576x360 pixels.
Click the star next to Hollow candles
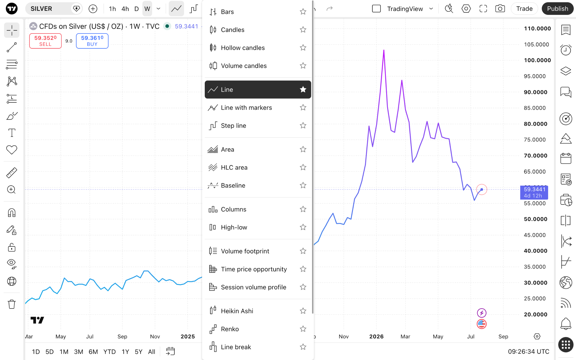click(303, 48)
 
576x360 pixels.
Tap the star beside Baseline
click(303, 185)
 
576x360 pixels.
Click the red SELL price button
click(45, 41)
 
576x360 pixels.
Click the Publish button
click(557, 9)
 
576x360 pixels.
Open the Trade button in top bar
click(524, 9)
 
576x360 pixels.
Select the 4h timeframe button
click(125, 9)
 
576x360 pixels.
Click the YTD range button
click(109, 352)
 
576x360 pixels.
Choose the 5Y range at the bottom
click(139, 352)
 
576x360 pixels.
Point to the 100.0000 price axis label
click(537, 60)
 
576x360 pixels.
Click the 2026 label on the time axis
click(376, 336)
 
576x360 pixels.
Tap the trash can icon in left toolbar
click(12, 304)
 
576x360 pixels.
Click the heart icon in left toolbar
click(12, 150)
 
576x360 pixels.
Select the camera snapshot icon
click(500, 9)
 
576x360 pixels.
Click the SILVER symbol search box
click(48, 9)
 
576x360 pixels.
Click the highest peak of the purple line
click(384, 50)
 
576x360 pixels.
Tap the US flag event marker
click(481, 324)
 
